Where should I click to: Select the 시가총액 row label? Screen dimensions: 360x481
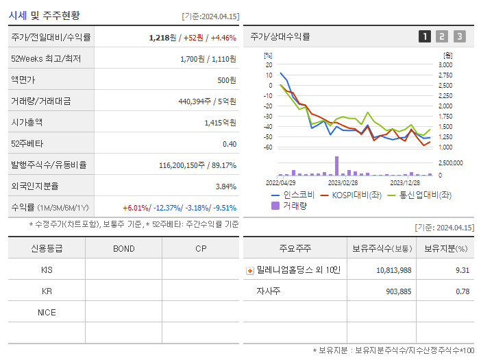pos(27,123)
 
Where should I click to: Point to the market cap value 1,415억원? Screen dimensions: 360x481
pos(220,123)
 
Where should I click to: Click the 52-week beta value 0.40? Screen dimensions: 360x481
pos(230,144)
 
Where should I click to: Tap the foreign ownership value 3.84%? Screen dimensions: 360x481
pos(225,187)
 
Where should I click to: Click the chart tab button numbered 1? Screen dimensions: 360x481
pos(425,36)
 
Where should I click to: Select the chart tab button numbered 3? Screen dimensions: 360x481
pos(459,36)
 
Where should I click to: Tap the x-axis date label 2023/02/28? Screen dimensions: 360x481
pos(343,182)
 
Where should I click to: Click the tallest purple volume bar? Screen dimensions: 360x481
pos(336,166)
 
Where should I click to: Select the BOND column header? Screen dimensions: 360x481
pos(123,248)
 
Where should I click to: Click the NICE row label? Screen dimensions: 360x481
pos(47,312)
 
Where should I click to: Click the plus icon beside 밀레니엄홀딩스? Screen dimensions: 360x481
pos(249,270)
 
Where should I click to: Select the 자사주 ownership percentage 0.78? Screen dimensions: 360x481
pos(463,291)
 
